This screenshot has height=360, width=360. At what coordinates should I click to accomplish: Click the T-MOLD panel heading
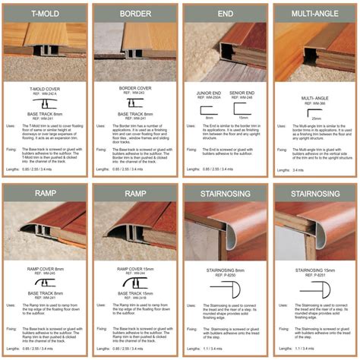click(44, 14)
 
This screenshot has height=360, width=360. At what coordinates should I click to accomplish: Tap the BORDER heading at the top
click(135, 14)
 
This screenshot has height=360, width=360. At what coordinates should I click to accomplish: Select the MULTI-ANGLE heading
click(315, 14)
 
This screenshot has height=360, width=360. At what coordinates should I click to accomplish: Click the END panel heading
click(226, 14)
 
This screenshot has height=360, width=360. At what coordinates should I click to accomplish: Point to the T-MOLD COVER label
click(45, 89)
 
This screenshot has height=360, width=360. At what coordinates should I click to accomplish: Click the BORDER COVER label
click(135, 89)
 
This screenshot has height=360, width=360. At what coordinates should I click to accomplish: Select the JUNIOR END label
click(208, 94)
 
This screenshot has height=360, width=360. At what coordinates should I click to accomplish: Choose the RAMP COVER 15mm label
click(135, 267)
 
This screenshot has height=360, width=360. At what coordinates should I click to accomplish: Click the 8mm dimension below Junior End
click(209, 118)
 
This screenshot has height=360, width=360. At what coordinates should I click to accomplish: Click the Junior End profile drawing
click(209, 109)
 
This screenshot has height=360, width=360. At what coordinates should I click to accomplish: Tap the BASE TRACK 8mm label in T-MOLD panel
click(45, 113)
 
